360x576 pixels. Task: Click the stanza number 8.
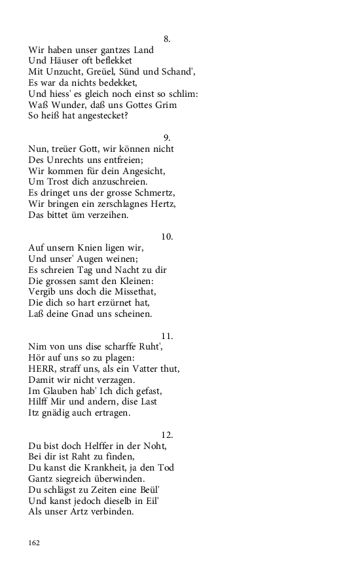[167, 39]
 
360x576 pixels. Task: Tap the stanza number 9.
[167, 137]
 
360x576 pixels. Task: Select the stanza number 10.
[167, 236]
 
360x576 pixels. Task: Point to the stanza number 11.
[167, 336]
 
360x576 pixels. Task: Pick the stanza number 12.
[167, 435]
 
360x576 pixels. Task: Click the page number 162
[35, 543]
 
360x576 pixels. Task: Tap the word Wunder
[70, 105]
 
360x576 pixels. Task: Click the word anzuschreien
[118, 181]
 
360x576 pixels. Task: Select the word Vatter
[148, 369]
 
